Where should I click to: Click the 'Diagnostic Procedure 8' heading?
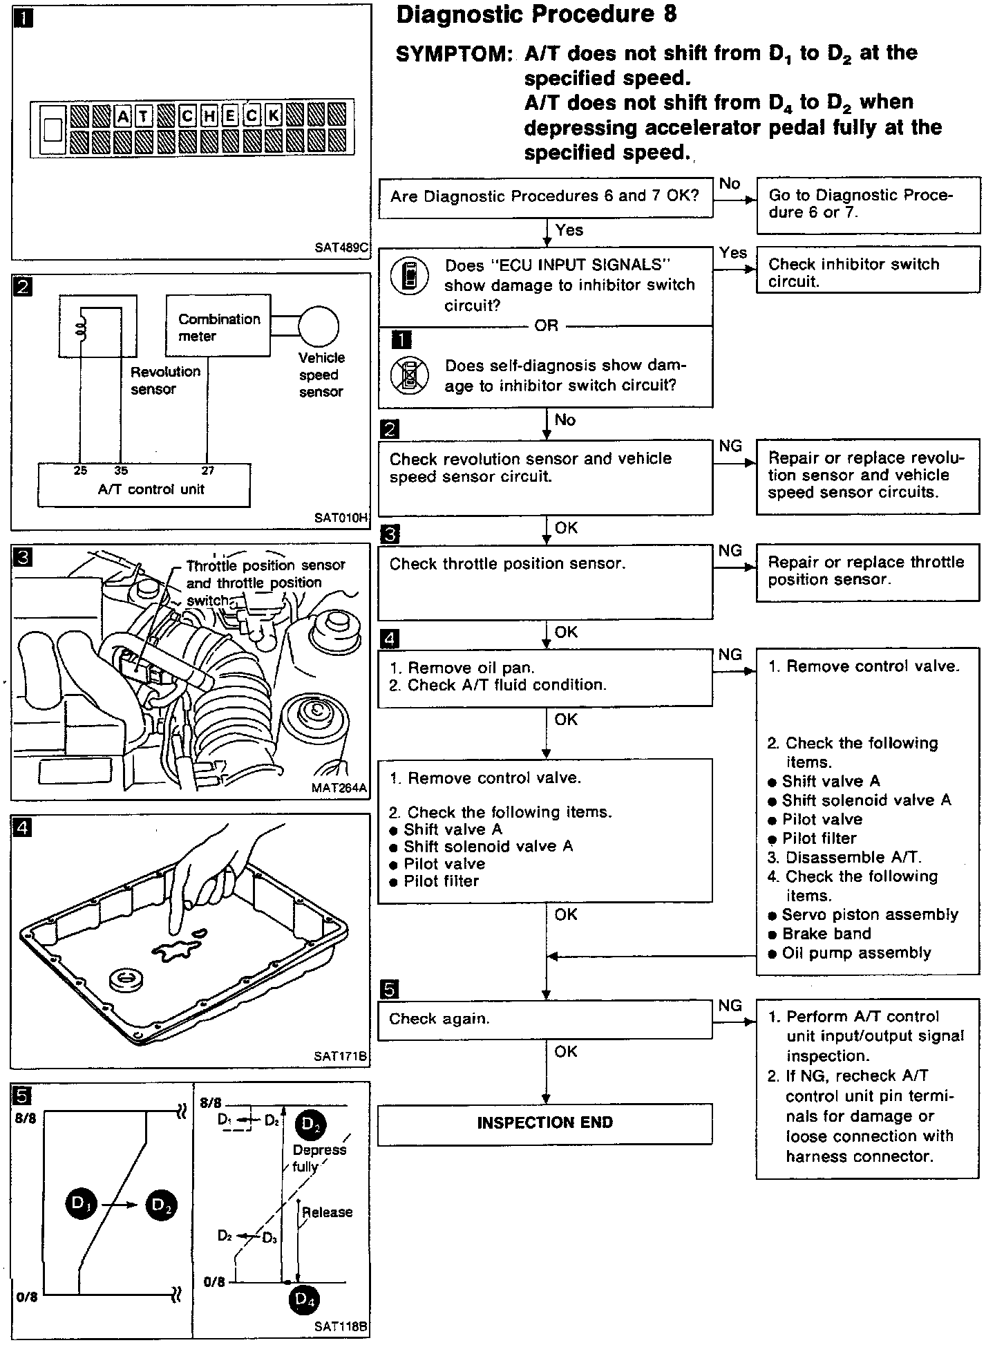pyautogui.click(x=536, y=15)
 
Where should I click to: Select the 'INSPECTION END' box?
pyautogui.click(x=544, y=1122)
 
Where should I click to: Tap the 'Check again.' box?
pyautogui.click(x=544, y=1019)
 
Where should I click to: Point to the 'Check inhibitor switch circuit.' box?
pyautogui.click(x=868, y=272)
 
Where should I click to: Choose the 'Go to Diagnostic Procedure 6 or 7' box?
pyautogui.click(x=868, y=204)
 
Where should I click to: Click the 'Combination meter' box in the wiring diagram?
pyautogui.click(x=218, y=327)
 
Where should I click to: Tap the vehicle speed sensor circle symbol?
pyautogui.click(x=319, y=327)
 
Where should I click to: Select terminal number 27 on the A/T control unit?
pyautogui.click(x=208, y=471)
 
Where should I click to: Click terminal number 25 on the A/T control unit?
pyautogui.click(x=80, y=471)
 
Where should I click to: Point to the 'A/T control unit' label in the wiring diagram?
pyautogui.click(x=151, y=489)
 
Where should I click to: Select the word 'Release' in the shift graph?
pyautogui.click(x=327, y=1212)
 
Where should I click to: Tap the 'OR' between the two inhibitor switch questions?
pyautogui.click(x=546, y=326)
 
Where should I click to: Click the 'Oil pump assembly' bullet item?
pyautogui.click(x=856, y=953)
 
